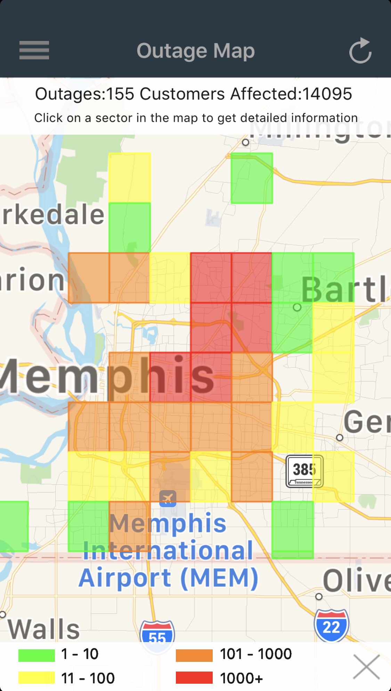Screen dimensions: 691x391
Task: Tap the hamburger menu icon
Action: pos(34,50)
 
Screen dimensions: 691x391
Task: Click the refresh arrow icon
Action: pos(360,51)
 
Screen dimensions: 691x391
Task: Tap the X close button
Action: pos(366,667)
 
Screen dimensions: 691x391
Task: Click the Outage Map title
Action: pos(196,51)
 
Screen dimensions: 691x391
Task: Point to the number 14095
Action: pos(327,94)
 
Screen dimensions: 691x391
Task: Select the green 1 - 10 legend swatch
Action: pos(36,655)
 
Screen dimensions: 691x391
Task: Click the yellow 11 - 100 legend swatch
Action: pos(36,677)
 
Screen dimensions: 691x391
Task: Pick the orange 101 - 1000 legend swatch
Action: pos(194,655)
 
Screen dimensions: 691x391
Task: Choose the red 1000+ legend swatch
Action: pos(194,677)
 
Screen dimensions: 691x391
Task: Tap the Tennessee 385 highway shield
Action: pos(304,471)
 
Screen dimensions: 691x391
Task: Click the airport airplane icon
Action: pos(168,499)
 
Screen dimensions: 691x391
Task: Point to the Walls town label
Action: pos(44,629)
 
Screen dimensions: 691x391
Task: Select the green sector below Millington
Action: pos(252,178)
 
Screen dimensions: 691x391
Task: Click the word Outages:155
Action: pos(84,94)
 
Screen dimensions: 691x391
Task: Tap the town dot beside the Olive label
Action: pos(319,597)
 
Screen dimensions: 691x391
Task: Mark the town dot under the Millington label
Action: pos(246,142)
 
